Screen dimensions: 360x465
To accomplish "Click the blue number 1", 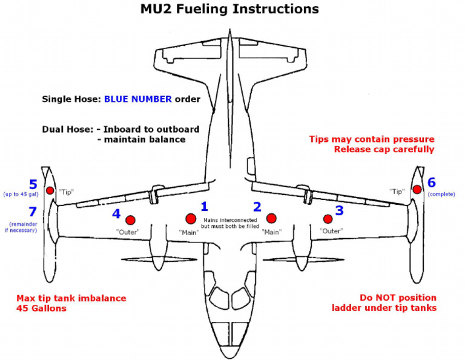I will [x=204, y=207].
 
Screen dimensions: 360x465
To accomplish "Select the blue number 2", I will [x=257, y=207].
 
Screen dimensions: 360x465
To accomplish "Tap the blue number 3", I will [x=339, y=210].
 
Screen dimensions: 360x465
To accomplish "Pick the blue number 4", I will [x=116, y=213].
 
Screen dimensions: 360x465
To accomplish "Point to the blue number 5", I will [x=33, y=184].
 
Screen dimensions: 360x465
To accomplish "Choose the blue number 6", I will [x=432, y=182].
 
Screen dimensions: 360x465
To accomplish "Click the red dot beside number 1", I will [x=191, y=218].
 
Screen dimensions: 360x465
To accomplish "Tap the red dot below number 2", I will [x=271, y=218].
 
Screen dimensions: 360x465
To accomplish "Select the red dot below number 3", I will [x=328, y=218].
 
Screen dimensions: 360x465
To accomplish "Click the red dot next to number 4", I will [x=130, y=219].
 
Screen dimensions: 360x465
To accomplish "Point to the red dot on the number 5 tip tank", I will [x=50, y=190].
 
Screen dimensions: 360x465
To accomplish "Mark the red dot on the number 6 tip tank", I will [x=417, y=190].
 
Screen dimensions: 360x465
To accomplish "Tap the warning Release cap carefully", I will [x=384, y=149].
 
